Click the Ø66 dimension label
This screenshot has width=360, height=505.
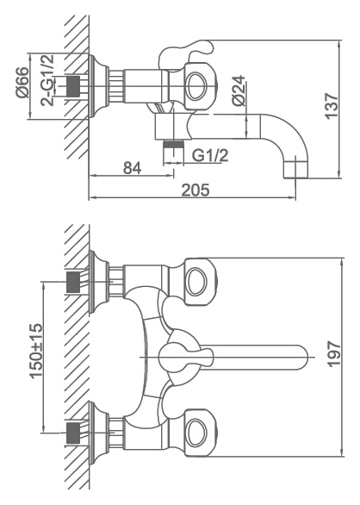click(22, 82)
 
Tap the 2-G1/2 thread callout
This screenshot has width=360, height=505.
click(47, 80)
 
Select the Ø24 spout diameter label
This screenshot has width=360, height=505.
click(239, 90)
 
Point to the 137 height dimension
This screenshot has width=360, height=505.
click(332, 106)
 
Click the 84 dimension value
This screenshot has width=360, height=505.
click(132, 168)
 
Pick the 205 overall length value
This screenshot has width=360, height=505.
click(196, 190)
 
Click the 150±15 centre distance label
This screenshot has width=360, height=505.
click(36, 351)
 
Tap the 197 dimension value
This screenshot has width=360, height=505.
click(334, 354)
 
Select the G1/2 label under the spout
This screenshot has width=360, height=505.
click(210, 156)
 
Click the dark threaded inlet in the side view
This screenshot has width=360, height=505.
click(73, 86)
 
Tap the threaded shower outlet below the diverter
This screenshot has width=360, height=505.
click(173, 144)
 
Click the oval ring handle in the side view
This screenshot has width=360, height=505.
click(196, 86)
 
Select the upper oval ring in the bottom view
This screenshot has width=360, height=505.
click(196, 281)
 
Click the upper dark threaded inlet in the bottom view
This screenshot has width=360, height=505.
click(73, 282)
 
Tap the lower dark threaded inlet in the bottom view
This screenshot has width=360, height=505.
click(73, 433)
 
